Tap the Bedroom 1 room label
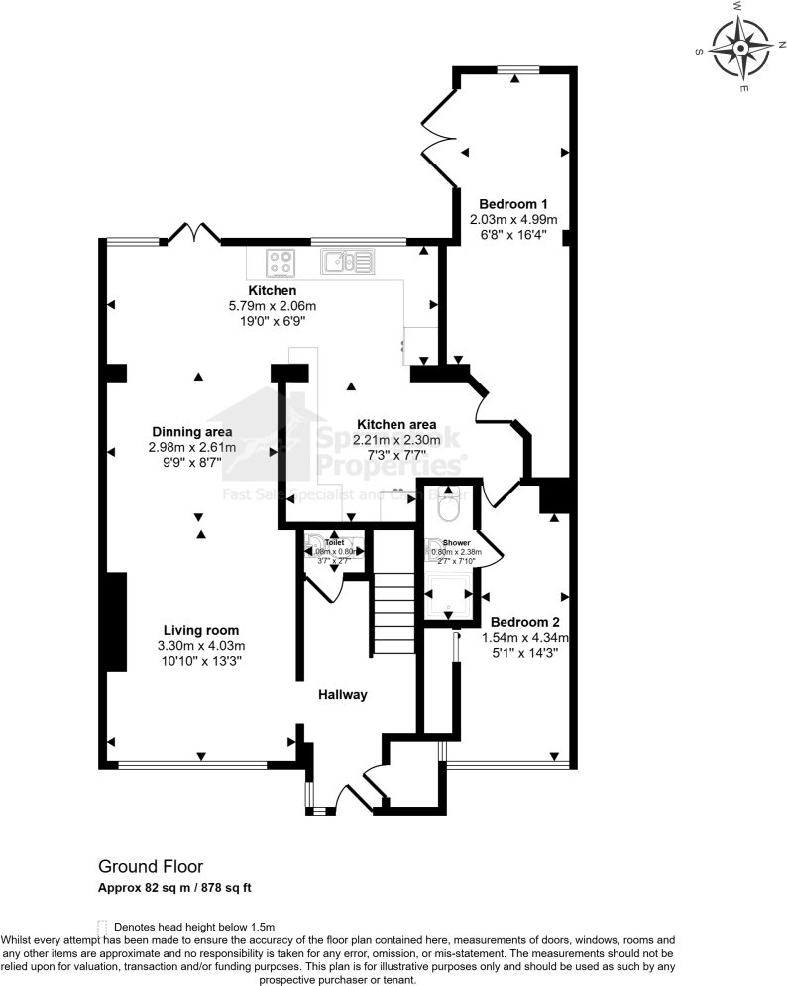[x=512, y=204]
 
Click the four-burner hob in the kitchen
[x=281, y=263]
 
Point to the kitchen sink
[x=346, y=263]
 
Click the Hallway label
[x=343, y=695]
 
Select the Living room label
[x=201, y=630]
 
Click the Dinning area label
[x=192, y=432]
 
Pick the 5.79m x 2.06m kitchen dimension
[x=272, y=306]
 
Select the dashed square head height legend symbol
[x=103, y=925]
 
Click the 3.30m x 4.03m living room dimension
[x=202, y=646]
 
